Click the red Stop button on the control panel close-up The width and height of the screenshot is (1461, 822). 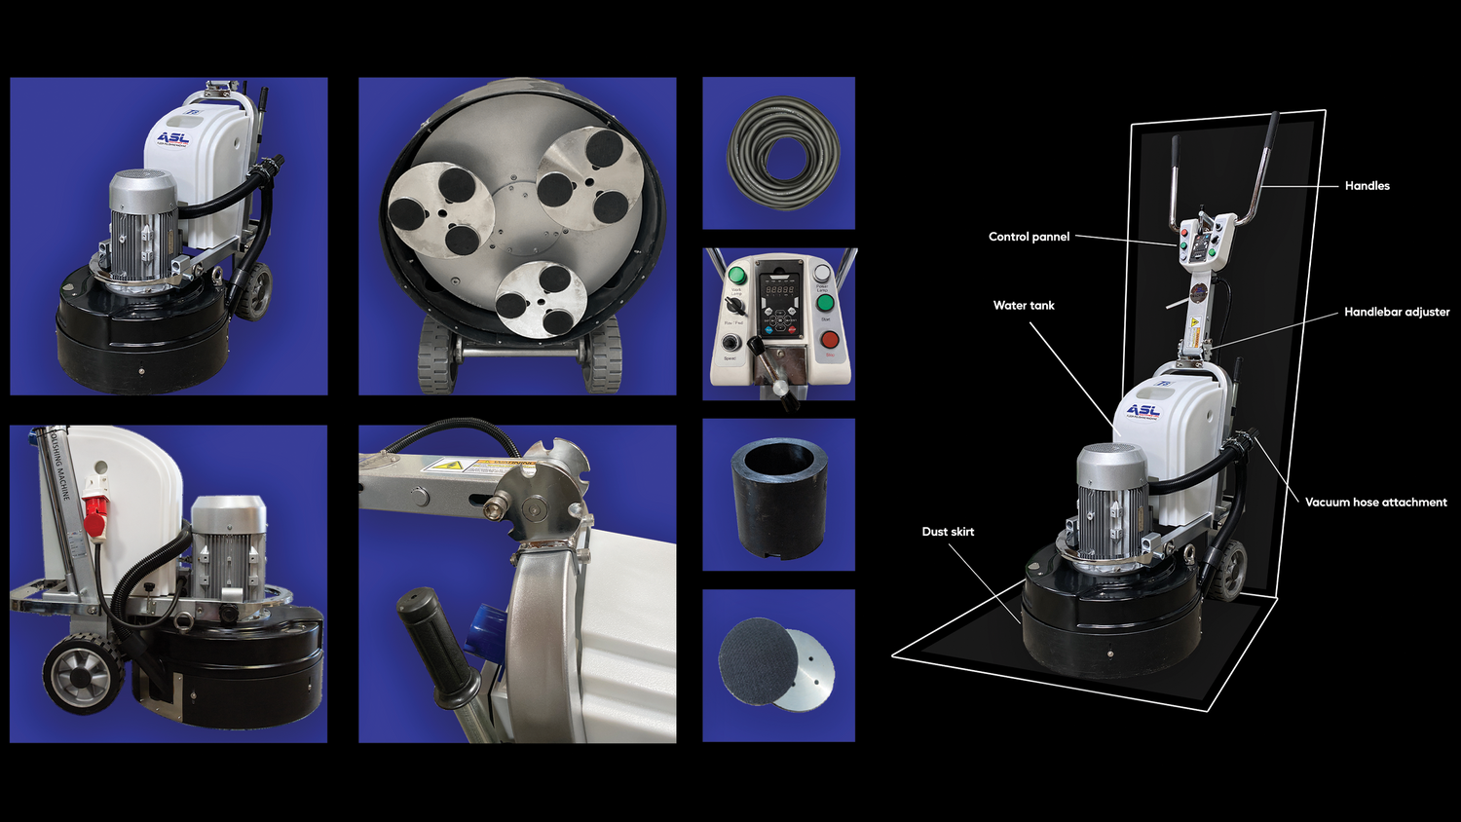click(829, 340)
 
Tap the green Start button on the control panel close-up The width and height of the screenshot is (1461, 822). click(825, 302)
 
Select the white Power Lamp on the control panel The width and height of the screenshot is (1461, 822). click(822, 274)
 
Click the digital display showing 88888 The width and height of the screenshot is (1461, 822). click(779, 290)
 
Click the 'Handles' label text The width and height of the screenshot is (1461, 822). click(1367, 186)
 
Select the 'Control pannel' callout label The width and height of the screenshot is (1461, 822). click(1029, 237)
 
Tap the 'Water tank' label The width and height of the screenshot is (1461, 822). click(1024, 306)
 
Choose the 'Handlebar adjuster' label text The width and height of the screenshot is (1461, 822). click(1396, 313)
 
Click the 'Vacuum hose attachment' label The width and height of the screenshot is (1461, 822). click(1375, 503)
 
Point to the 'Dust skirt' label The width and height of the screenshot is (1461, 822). click(948, 532)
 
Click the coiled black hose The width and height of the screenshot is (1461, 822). click(781, 153)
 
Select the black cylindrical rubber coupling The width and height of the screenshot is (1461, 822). click(779, 497)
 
